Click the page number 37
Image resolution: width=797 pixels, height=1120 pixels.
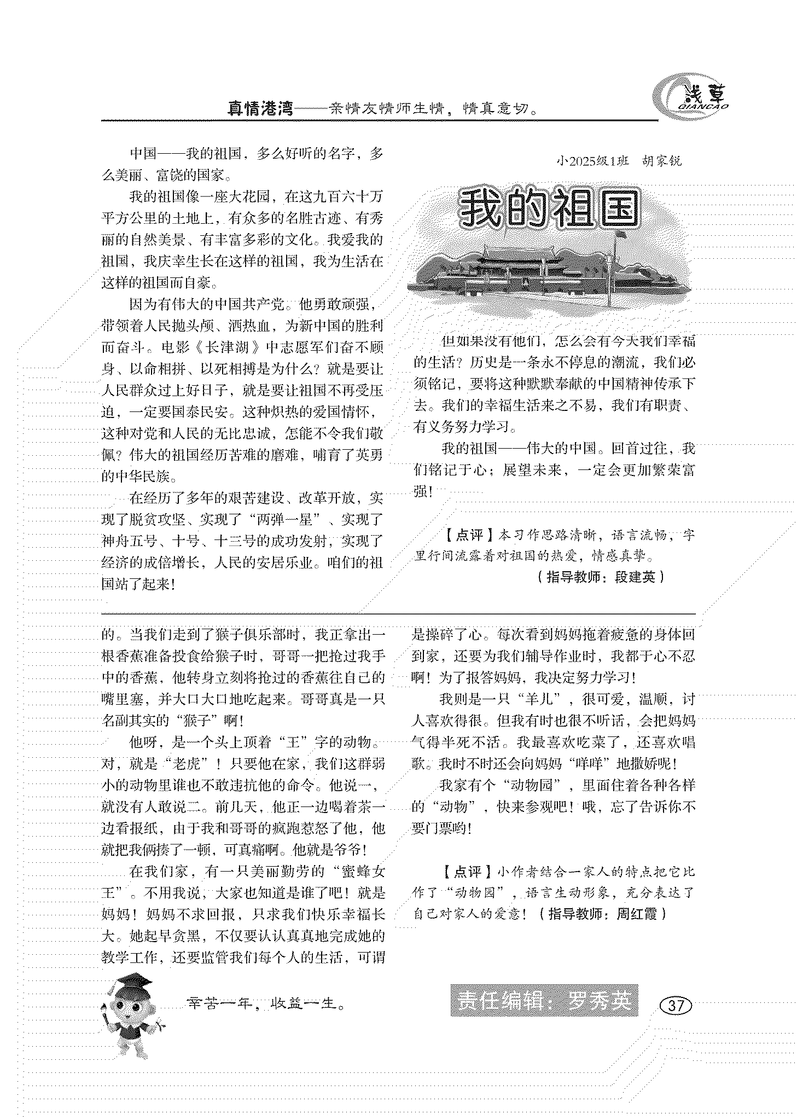pyautogui.click(x=676, y=1005)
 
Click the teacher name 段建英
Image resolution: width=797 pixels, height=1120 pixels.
pyautogui.click(x=635, y=577)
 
